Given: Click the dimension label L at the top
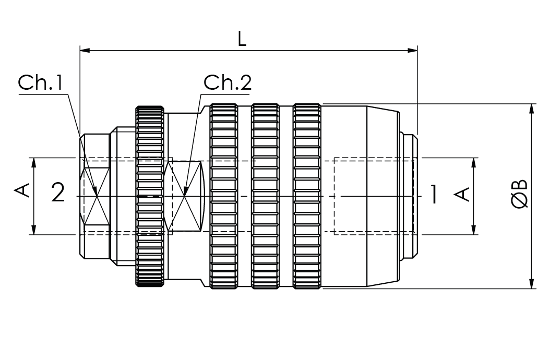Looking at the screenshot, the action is [242, 40].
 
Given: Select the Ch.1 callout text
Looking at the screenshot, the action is [41, 83].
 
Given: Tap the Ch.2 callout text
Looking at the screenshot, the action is [228, 82].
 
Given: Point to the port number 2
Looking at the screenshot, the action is [58, 193].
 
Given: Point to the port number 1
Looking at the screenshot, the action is [434, 194].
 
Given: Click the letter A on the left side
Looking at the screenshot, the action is [22, 190].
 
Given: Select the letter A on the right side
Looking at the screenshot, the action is [462, 194].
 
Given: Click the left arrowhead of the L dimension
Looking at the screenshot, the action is [85, 51].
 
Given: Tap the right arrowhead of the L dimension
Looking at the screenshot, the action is [412, 51].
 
